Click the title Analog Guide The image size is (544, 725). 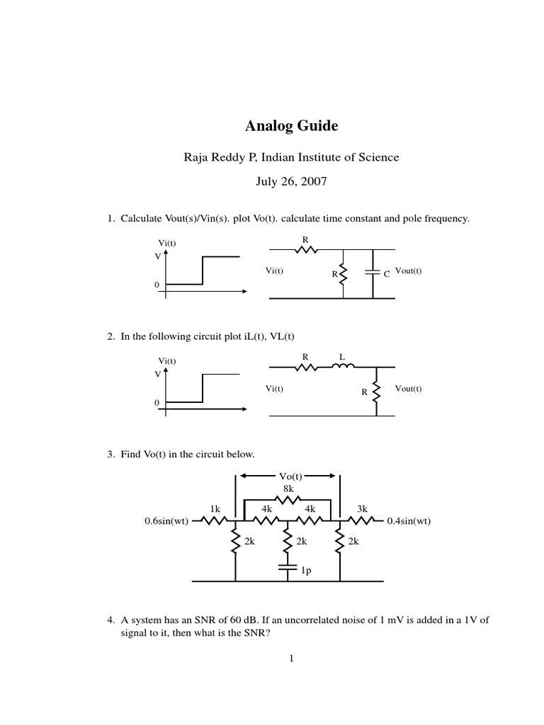tap(291, 127)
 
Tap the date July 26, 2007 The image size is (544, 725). tap(291, 181)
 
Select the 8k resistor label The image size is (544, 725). tap(288, 488)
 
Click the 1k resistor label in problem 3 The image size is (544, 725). tap(215, 508)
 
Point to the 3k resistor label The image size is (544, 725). tap(362, 508)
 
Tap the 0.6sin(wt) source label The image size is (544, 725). tap(166, 522)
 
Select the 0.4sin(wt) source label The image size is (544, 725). tap(409, 522)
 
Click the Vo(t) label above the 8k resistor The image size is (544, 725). tap(288, 476)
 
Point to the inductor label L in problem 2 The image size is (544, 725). tap(341, 358)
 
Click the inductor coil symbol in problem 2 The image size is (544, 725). tap(344, 367)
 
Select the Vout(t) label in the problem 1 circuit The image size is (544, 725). tap(409, 270)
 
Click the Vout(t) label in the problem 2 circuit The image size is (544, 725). tap(409, 388)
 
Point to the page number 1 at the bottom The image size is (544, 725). tap(290, 658)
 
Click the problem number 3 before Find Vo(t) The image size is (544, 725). tap(110, 454)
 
